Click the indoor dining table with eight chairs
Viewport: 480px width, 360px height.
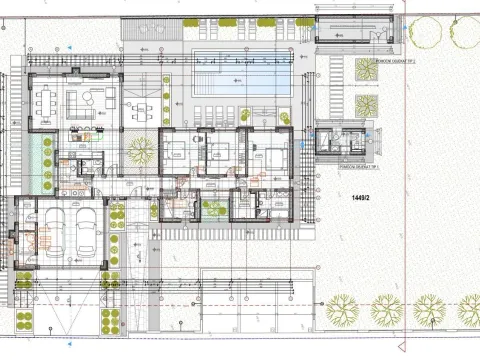pos(46,101)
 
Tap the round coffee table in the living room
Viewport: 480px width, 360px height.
pos(85,101)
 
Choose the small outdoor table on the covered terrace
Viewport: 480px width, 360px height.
pos(142,107)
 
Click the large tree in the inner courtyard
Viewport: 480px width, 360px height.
pos(140,150)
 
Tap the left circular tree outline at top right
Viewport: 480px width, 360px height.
pos(427,33)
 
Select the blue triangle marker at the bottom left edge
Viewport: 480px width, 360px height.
pos(71,342)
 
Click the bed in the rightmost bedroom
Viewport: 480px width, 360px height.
pos(270,155)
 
